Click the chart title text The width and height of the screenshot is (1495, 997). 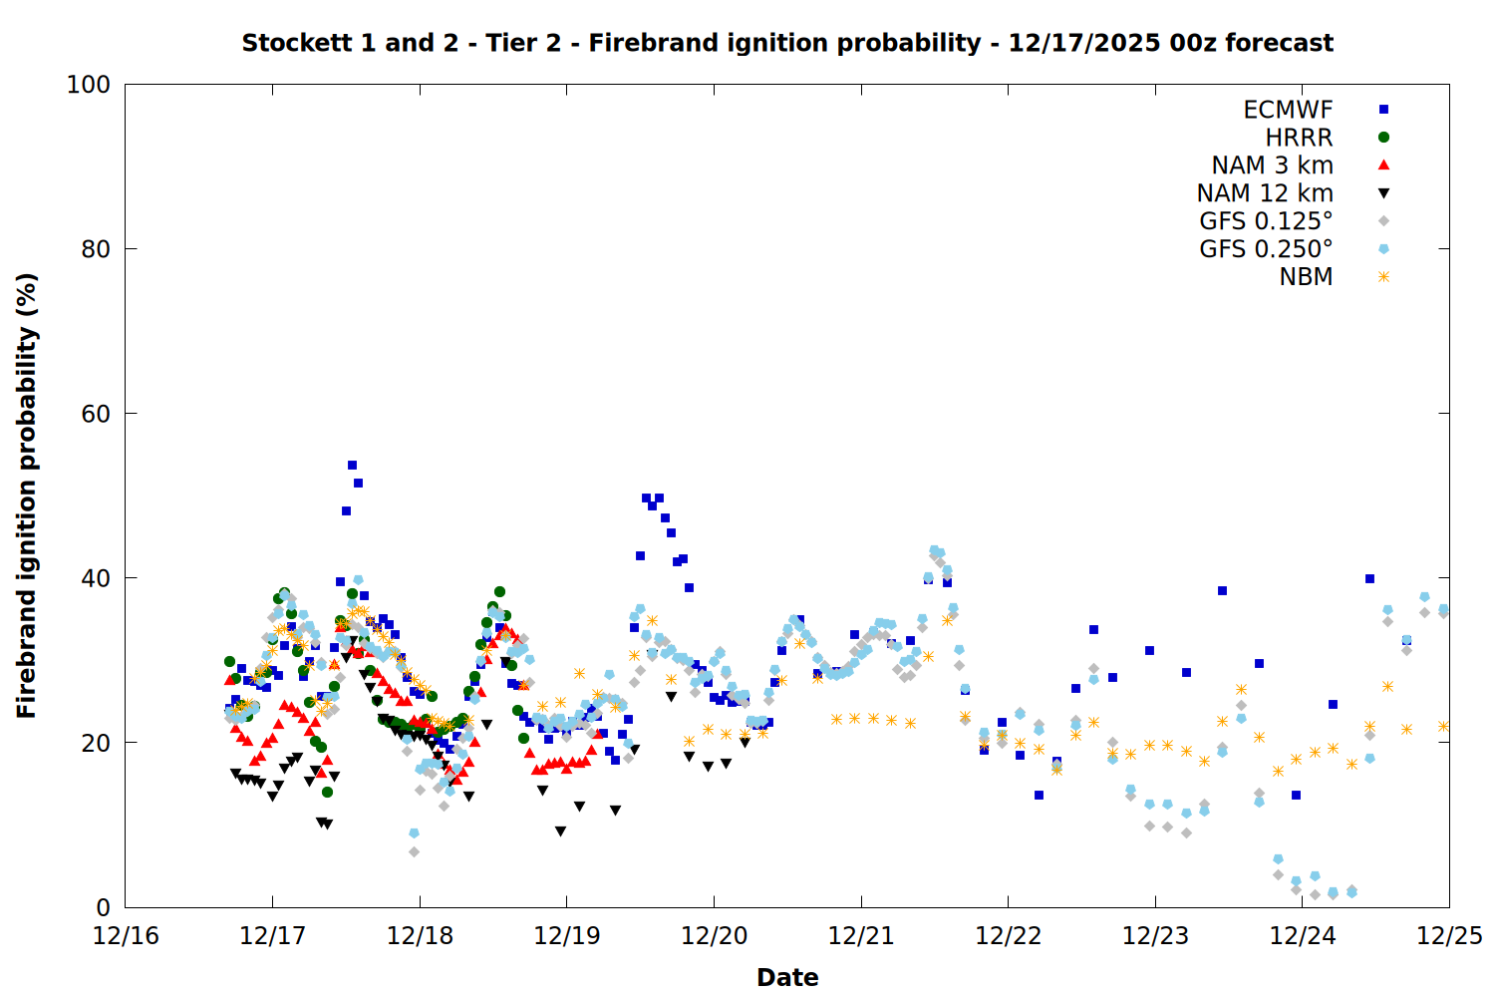(787, 43)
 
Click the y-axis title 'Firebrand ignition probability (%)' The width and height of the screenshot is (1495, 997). (27, 496)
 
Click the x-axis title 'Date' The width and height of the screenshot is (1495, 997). (787, 977)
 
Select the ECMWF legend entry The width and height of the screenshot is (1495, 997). (1288, 110)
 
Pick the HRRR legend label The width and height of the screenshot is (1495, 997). (1299, 138)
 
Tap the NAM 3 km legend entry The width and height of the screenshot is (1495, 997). (1272, 166)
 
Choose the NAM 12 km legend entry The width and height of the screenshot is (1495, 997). (1265, 193)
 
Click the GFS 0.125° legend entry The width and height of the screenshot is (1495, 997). (1266, 221)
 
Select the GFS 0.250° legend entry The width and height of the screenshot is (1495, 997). (1266, 249)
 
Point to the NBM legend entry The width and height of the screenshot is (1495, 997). (1306, 277)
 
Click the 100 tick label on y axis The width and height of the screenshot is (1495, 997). (89, 85)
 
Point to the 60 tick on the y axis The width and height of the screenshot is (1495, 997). (96, 414)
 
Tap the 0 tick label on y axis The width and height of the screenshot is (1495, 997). (103, 907)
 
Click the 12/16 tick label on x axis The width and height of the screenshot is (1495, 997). (126, 936)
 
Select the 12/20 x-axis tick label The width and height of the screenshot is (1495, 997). (714, 936)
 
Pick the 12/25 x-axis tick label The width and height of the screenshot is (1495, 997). (1449, 936)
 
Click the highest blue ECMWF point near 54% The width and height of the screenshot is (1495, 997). (352, 465)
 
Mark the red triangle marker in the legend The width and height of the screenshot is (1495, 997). (1383, 166)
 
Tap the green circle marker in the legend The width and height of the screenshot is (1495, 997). (1383, 138)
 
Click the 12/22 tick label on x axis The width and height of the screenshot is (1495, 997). (1008, 936)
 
